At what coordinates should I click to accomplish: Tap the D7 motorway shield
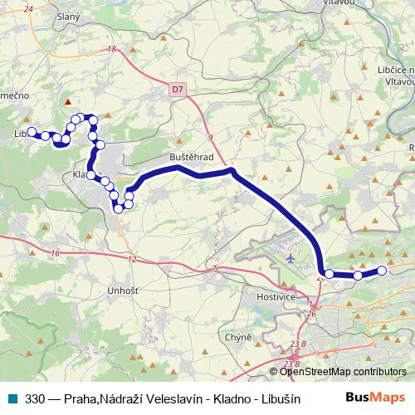tap(178, 88)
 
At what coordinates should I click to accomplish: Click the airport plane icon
tap(290, 257)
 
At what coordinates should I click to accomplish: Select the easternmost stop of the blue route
tap(383, 270)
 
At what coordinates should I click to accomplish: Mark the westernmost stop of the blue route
tap(32, 132)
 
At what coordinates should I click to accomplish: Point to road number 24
tap(29, 9)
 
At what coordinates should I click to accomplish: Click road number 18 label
tap(110, 50)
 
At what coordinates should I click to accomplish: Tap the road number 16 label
tap(56, 252)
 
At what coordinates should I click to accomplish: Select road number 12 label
tap(132, 260)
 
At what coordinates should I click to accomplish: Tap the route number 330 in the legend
tap(35, 398)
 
